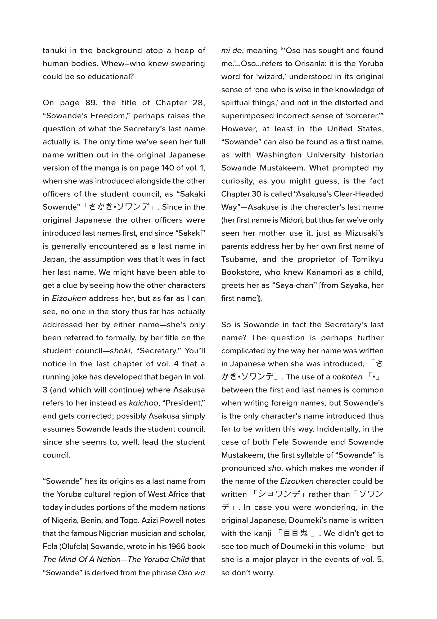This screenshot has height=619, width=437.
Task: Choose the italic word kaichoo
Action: point(144,403)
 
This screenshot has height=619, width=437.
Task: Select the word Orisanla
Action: point(309,64)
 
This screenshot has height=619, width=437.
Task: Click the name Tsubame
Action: point(237,259)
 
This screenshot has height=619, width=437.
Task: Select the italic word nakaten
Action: point(347,377)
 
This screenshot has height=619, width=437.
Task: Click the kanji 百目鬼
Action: point(295,534)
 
